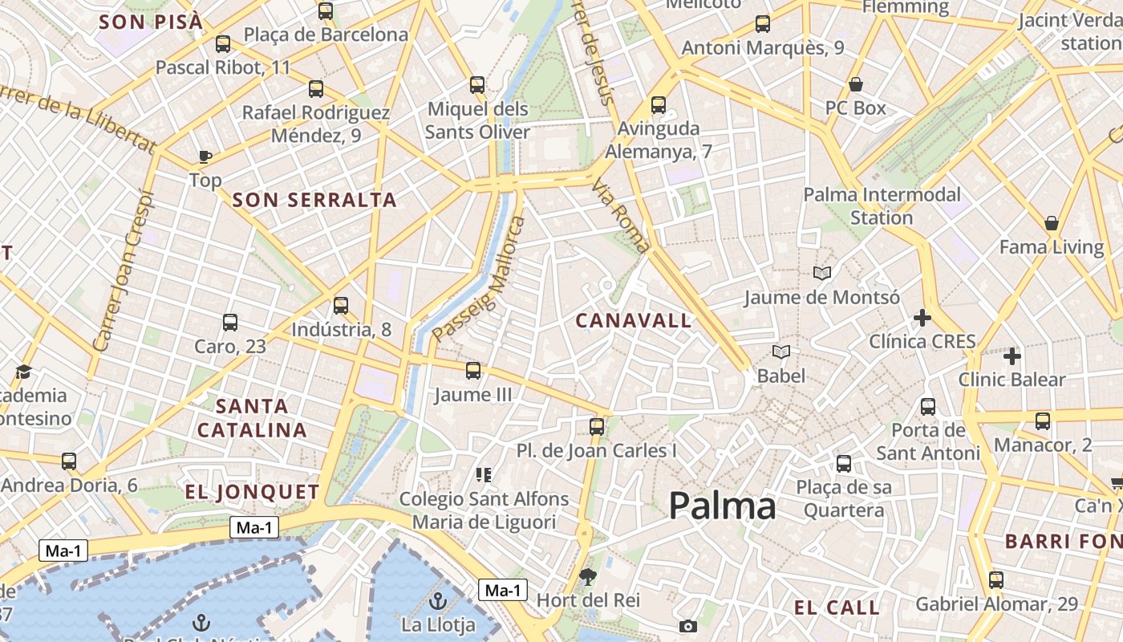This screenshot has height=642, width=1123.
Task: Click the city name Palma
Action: pos(722,506)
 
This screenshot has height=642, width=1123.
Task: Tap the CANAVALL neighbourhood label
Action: pos(634,321)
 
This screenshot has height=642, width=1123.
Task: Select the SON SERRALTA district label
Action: pos(314,200)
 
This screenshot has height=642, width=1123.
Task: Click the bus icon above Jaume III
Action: pos(473,370)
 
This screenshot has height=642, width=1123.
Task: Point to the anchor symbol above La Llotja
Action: pos(437,599)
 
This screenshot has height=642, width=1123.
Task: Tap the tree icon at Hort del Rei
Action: pos(588,576)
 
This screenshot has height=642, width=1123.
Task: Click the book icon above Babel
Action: pos(781,351)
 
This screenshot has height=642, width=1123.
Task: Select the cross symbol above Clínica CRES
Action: pos(922,318)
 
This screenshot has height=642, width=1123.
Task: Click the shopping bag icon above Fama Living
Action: pos(1051,223)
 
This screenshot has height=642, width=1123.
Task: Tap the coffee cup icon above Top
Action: pos(205,156)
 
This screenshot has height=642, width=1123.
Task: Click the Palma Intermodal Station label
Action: pos(882,205)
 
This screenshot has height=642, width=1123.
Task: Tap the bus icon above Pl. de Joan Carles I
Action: pos(597,426)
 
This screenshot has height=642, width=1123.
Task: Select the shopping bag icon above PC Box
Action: pos(856,84)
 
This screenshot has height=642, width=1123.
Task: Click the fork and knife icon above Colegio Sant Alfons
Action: pos(483,475)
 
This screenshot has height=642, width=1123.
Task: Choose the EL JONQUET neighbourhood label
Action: pos(252,492)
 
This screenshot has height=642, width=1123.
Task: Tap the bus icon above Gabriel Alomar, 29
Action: pos(996,579)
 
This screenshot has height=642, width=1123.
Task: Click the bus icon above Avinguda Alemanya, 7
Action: pos(659,104)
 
